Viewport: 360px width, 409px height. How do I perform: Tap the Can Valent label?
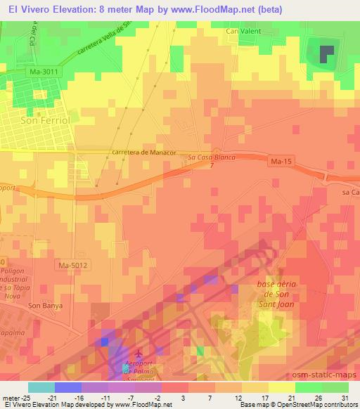click(x=243, y=32)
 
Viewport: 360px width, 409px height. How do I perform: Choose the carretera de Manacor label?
click(x=143, y=152)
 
